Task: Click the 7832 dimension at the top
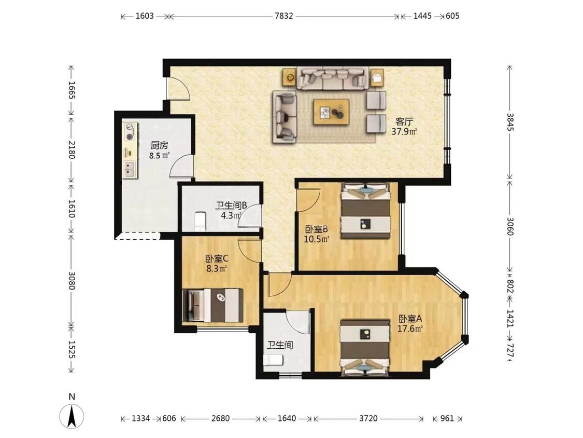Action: coord(283,16)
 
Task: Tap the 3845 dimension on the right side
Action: coord(510,122)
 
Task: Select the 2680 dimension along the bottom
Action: coord(220,418)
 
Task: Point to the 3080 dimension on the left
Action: coord(72,281)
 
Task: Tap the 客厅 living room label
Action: coord(404,121)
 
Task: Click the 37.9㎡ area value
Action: coord(404,131)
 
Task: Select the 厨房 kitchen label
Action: coord(159,145)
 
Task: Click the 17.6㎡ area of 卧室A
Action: coord(410,329)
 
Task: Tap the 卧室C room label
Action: coord(217,258)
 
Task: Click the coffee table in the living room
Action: coord(331,112)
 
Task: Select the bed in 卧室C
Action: coord(212,305)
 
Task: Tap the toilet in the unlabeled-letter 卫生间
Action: coord(273,360)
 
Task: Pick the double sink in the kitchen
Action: coord(130,169)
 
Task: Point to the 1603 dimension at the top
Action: coord(145,16)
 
